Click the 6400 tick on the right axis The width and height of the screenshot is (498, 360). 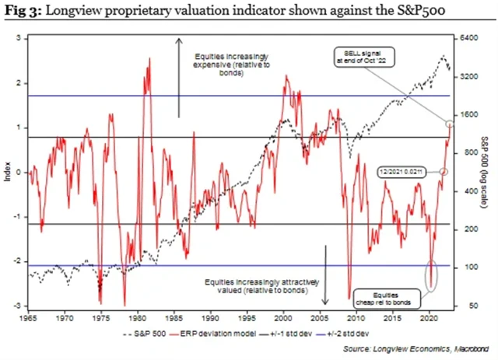click(468, 37)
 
